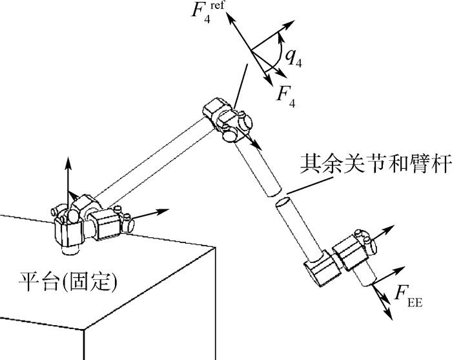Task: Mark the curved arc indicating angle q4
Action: click(x=280, y=57)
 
